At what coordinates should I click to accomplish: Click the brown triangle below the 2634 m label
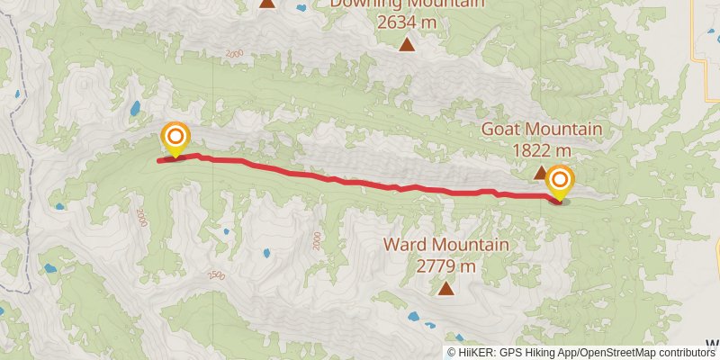tap(408, 44)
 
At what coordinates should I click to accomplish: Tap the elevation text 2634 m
tap(408, 21)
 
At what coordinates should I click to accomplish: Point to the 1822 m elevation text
tap(541, 149)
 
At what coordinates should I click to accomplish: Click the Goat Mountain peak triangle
tap(540, 172)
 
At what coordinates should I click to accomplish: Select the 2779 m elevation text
tap(445, 265)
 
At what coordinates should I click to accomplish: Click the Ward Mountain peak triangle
tap(445, 288)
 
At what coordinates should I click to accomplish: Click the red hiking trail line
tap(360, 183)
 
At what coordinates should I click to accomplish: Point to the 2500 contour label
tap(216, 275)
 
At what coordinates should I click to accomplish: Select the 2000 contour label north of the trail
tap(235, 55)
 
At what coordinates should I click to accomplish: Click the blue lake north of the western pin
tap(135, 110)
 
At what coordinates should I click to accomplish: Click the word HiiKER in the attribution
tap(474, 353)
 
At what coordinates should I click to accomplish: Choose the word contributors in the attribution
tap(685, 353)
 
